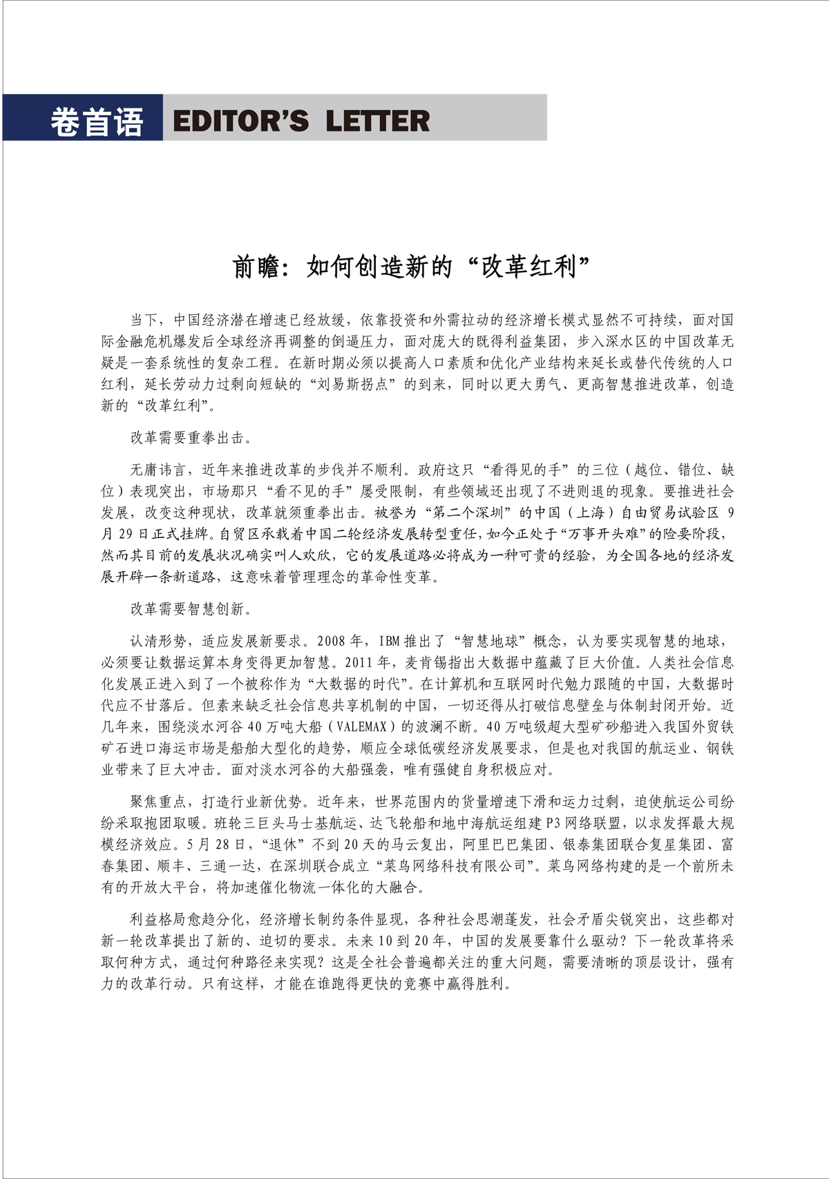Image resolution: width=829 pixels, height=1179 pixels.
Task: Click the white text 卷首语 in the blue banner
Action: [x=96, y=122]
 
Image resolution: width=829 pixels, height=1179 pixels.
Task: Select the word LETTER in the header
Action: [x=377, y=122]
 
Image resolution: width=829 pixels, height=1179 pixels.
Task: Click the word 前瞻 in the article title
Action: [x=257, y=267]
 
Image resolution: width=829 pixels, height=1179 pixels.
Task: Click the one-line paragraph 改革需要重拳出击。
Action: [x=191, y=438]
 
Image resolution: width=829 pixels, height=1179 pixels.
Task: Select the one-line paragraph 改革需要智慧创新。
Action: [x=191, y=608]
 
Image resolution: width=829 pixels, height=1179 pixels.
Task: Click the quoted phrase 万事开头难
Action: [x=606, y=534]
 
